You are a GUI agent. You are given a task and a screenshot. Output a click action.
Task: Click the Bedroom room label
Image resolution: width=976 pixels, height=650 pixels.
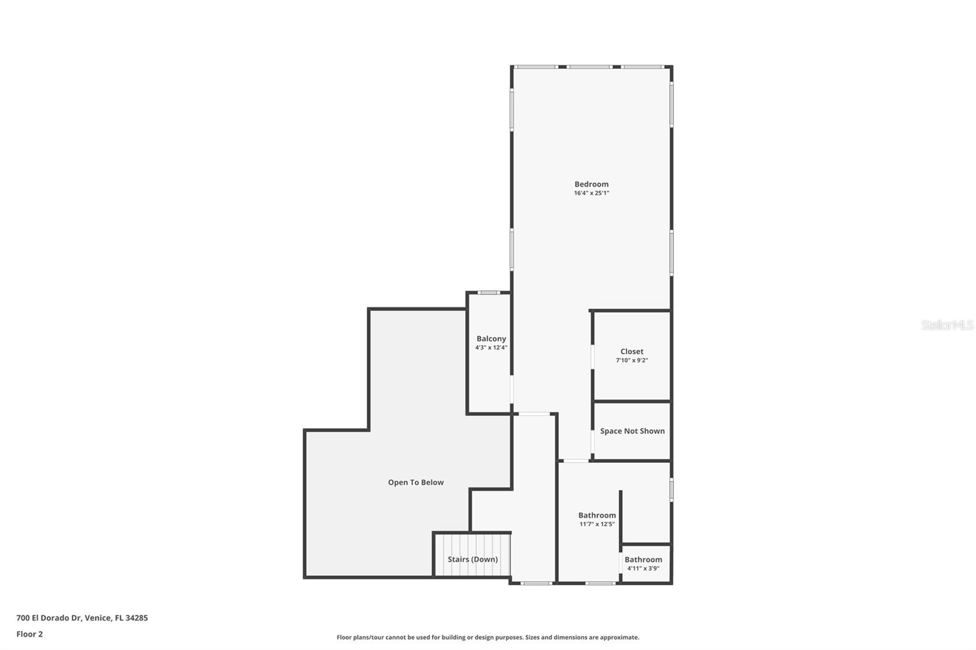[x=591, y=184]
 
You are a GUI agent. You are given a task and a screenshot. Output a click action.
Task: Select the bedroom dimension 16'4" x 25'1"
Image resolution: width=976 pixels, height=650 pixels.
[x=591, y=193]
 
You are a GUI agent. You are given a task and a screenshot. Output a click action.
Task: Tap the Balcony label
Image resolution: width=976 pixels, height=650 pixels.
[x=491, y=339]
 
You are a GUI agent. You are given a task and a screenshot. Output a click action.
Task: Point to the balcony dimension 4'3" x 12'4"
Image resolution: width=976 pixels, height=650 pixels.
[x=491, y=348]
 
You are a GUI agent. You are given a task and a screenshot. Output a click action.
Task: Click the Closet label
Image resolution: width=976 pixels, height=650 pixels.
[x=632, y=352]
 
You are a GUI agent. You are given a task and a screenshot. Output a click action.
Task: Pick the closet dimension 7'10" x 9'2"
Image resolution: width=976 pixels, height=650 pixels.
[x=632, y=360]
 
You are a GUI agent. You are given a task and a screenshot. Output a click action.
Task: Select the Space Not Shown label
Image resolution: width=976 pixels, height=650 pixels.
[x=632, y=431]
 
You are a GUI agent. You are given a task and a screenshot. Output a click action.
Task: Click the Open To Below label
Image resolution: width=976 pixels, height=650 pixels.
[x=415, y=482]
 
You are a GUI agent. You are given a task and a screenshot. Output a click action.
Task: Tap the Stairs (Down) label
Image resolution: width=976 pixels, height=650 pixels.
[x=472, y=559]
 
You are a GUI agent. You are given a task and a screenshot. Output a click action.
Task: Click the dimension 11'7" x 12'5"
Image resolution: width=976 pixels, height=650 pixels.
[x=597, y=524]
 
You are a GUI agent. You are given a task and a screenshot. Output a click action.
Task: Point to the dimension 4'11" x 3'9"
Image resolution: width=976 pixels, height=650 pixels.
[x=643, y=568]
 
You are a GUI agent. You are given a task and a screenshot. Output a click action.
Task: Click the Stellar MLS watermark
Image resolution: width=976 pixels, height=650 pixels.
[x=947, y=325]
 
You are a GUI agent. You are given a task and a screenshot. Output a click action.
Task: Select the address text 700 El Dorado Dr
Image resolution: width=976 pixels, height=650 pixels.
[x=49, y=618]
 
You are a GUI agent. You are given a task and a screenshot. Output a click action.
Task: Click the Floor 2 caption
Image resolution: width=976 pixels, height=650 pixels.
[x=29, y=634]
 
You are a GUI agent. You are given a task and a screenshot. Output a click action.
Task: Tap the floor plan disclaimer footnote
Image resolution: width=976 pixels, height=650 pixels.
[x=487, y=637]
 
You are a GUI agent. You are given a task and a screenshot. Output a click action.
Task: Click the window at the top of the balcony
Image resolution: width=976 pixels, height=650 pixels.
[x=489, y=293]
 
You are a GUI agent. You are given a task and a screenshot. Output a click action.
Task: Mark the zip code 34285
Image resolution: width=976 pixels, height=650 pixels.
[x=137, y=618]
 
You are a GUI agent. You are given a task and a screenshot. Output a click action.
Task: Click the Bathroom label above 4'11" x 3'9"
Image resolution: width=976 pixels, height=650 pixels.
[x=643, y=560]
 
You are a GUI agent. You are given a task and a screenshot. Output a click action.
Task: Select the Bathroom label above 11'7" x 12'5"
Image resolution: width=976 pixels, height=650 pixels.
[x=597, y=515]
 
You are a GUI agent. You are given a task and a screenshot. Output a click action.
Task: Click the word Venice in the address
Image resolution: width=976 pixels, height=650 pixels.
[x=98, y=618]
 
